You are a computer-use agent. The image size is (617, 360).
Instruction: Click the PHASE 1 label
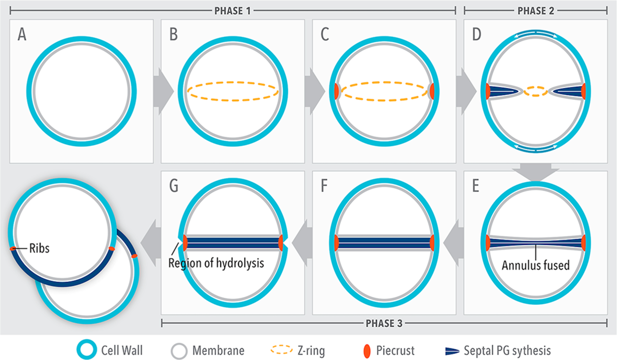coord(232,11)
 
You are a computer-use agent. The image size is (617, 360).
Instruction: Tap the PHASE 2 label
coord(535,11)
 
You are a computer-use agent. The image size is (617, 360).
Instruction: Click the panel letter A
coord(22,34)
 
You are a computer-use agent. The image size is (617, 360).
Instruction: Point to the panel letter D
coord(476,34)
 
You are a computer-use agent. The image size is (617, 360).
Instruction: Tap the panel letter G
coord(174,186)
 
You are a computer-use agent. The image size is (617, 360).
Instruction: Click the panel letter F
coord(324,186)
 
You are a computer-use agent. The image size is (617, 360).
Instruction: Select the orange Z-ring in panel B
coord(233,83)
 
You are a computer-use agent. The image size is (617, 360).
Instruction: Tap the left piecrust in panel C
coord(336,91)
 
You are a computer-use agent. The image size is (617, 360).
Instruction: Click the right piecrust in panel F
coord(432,243)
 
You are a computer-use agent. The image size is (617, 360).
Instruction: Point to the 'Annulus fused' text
coord(535,265)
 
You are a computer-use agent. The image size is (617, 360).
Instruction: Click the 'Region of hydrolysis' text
coord(216,263)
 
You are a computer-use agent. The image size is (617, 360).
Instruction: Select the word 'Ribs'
coord(39,248)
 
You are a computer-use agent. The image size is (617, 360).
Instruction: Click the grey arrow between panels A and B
coord(163,91)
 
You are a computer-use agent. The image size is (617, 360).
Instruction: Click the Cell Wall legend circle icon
coord(86,350)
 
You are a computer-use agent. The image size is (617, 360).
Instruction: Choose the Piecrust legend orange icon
coord(367,351)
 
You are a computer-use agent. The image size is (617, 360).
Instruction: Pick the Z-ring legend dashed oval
coord(282,350)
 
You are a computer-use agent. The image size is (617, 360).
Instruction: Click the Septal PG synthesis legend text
coord(507,350)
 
